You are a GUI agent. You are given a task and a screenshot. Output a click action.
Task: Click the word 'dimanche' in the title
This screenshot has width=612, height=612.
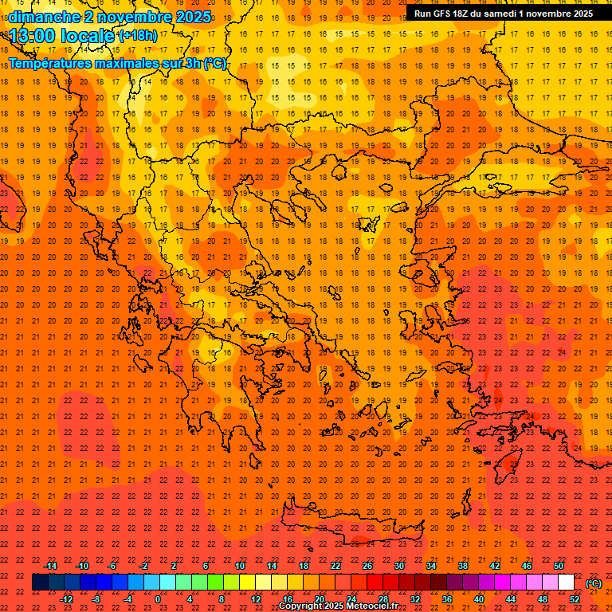pyautogui.click(x=40, y=17)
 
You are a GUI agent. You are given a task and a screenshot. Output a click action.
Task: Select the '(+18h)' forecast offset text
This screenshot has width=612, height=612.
pyautogui.click(x=138, y=36)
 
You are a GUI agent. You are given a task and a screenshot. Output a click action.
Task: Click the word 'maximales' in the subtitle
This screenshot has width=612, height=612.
pyautogui.click(x=118, y=63)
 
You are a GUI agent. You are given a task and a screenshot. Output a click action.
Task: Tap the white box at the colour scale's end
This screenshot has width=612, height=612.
pyautogui.click(x=566, y=583)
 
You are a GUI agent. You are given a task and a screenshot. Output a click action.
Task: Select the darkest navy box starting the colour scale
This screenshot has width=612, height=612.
pyautogui.click(x=40, y=583)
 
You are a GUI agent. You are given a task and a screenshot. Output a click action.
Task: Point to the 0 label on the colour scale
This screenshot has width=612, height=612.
pyautogui.click(x=158, y=599)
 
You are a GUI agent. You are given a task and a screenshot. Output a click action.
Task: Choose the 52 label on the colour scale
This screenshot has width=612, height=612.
pyautogui.click(x=575, y=599)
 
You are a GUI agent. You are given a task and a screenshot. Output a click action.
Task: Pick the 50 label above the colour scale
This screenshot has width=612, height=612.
pyautogui.click(x=559, y=566)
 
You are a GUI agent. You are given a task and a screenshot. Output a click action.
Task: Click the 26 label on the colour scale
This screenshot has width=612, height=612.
pyautogui.click(x=367, y=566)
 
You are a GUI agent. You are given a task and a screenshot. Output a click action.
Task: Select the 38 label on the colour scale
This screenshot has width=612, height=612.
pyautogui.click(x=463, y=566)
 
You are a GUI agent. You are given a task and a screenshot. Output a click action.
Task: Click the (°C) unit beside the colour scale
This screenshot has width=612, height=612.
pyautogui.click(x=594, y=583)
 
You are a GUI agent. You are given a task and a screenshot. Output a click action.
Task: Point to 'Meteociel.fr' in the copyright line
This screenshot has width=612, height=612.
pyautogui.click(x=373, y=606)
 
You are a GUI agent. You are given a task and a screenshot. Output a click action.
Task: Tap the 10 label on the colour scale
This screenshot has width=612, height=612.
pyautogui.click(x=239, y=566)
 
